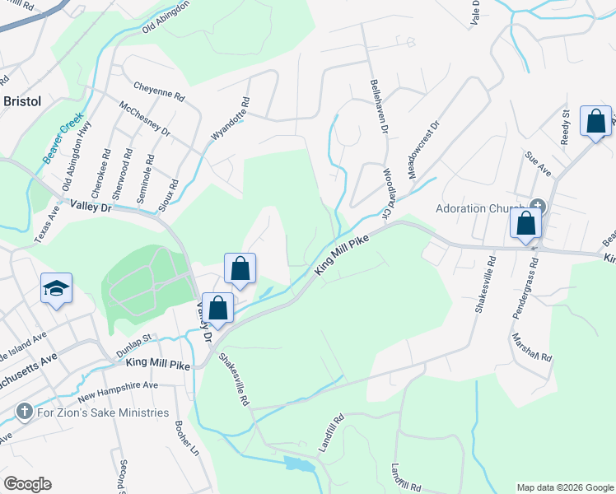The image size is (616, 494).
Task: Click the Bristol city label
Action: [23, 101]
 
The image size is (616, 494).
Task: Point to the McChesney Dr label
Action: [144, 120]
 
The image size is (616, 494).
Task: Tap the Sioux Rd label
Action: [174, 195]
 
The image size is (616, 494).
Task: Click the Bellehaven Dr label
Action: [379, 106]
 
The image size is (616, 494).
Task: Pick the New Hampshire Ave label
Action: [129, 386]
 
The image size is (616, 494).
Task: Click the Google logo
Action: [27, 484]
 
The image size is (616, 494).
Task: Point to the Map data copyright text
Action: [565, 487]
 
